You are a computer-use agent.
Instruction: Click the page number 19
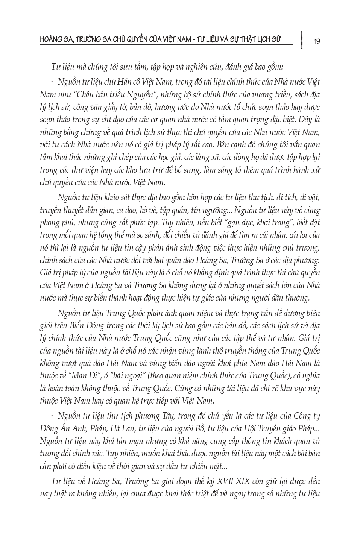point(317,41)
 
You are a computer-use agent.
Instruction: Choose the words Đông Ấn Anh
point(61,429)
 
